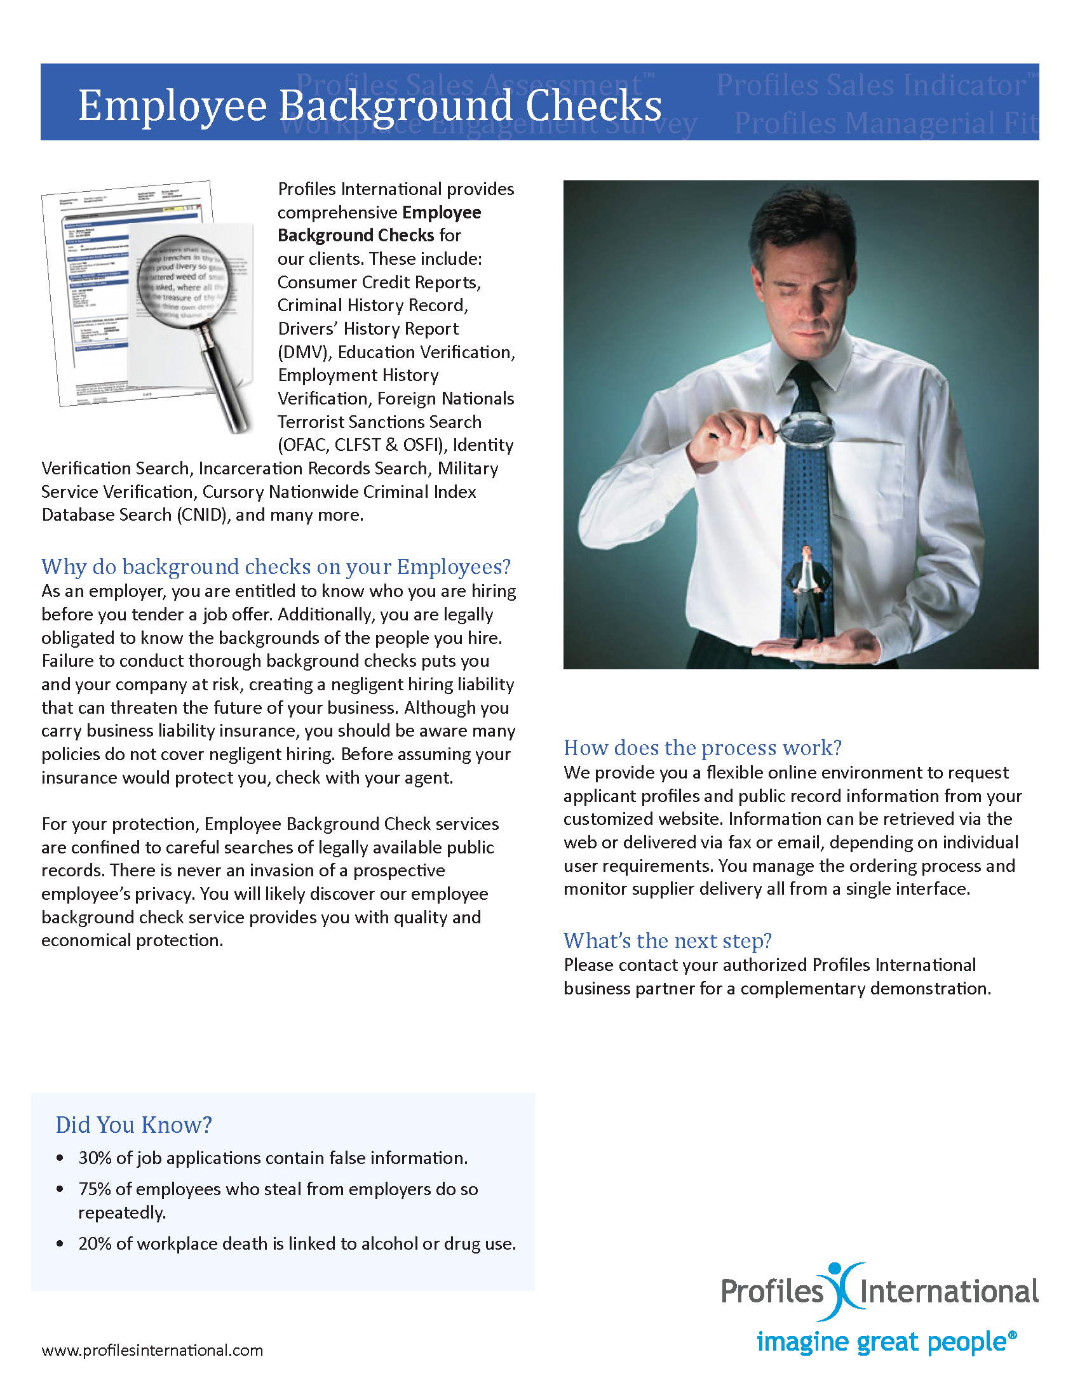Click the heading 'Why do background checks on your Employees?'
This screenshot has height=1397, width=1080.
coord(276,566)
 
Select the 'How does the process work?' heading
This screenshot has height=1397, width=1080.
coord(702,747)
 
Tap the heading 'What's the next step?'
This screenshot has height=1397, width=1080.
coord(667,940)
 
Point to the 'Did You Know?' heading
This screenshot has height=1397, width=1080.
coord(133,1125)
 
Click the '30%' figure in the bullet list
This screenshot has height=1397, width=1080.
coord(95,1158)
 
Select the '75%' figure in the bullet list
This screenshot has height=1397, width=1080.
coord(95,1189)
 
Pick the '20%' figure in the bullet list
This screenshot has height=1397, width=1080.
coord(95,1243)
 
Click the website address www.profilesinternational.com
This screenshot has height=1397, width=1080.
coord(152,1350)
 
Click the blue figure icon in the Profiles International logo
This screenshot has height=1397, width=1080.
coord(843,1290)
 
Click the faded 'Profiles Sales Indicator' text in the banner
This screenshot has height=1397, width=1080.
coord(872,85)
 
